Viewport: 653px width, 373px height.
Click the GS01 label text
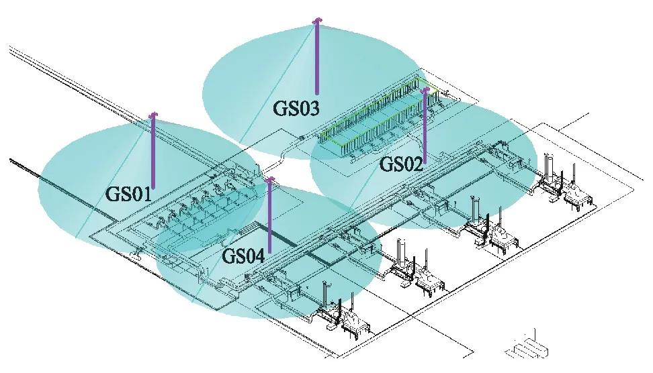(130, 194)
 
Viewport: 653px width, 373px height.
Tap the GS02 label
(401, 163)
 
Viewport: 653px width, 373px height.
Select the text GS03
(296, 107)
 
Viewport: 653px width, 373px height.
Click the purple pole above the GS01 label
(153, 151)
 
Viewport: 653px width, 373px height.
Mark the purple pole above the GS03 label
(317, 57)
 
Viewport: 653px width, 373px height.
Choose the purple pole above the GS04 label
(269, 215)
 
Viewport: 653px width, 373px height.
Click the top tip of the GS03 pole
(317, 21)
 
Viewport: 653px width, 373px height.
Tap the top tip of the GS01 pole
(153, 114)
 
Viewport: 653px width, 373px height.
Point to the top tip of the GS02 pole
(425, 88)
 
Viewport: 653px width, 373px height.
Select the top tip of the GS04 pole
(269, 179)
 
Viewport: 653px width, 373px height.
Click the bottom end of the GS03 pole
(317, 93)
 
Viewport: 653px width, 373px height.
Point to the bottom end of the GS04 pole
(269, 251)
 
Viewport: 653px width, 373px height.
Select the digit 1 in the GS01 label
(148, 194)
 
